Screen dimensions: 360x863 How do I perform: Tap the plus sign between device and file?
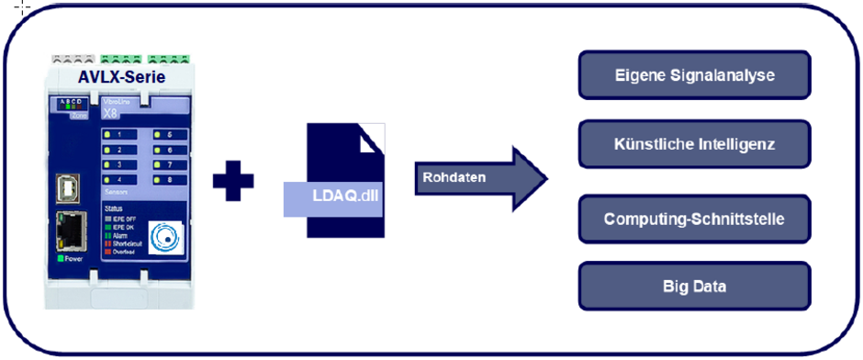tap(233, 179)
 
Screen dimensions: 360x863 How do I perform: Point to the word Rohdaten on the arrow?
tap(448, 177)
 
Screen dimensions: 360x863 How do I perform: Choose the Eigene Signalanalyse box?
tap(694, 75)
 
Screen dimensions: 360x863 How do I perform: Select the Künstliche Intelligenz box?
tap(694, 144)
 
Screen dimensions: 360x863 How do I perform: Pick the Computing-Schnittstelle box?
tap(694, 219)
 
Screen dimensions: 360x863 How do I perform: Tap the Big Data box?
tap(694, 287)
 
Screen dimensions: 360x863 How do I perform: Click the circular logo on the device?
tap(167, 235)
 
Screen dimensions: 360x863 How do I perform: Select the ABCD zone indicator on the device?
tap(69, 104)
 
